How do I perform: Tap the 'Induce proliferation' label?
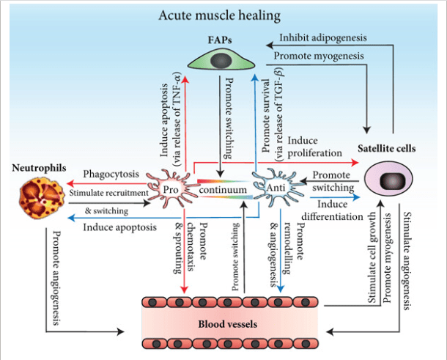[x=314, y=146]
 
